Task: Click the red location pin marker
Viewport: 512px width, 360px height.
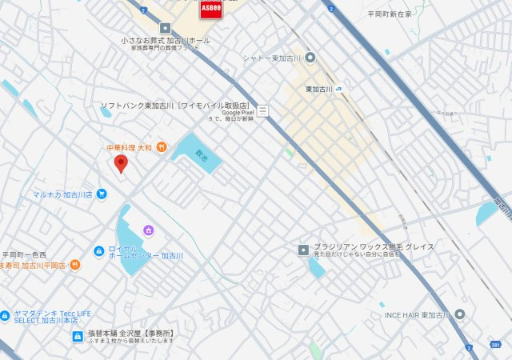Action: click(x=121, y=164)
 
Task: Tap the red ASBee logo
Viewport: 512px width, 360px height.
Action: click(x=210, y=8)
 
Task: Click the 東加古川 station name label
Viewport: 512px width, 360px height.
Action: click(x=319, y=89)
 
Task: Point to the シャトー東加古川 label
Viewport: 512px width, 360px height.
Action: click(x=272, y=57)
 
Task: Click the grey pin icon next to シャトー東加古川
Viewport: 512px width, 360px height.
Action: click(x=310, y=57)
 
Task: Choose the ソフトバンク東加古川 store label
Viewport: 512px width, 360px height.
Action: click(x=174, y=106)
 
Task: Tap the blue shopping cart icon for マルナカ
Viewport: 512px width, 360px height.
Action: click(x=102, y=194)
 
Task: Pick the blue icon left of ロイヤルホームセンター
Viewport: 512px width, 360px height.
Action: click(x=98, y=251)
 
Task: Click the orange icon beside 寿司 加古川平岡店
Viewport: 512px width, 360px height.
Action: click(x=75, y=265)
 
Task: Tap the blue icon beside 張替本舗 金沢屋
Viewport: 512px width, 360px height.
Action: click(x=77, y=336)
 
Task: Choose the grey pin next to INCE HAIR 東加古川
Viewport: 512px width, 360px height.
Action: click(x=460, y=314)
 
